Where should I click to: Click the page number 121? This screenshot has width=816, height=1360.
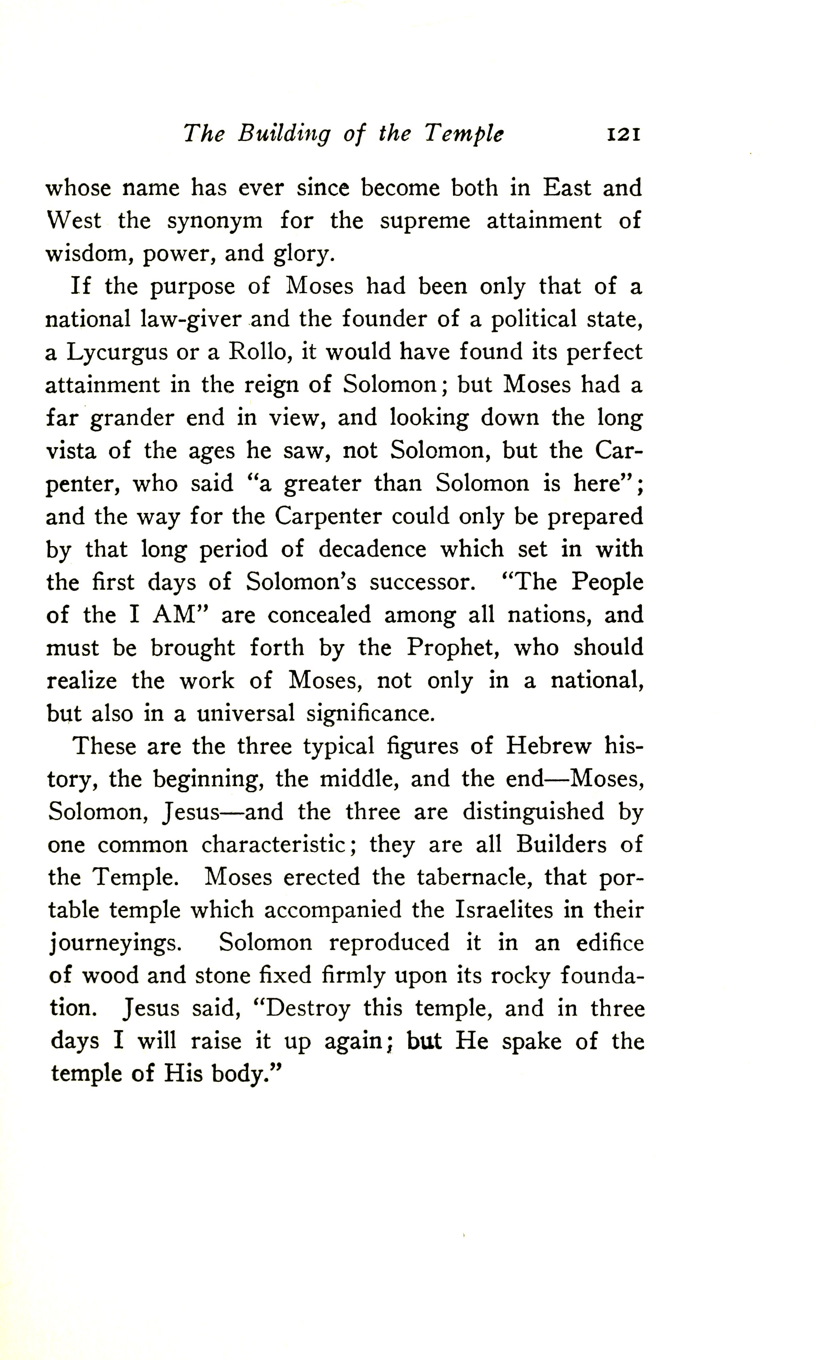tap(623, 134)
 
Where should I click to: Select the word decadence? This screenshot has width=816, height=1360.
tap(372, 549)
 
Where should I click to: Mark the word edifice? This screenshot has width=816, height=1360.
tap(610, 943)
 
